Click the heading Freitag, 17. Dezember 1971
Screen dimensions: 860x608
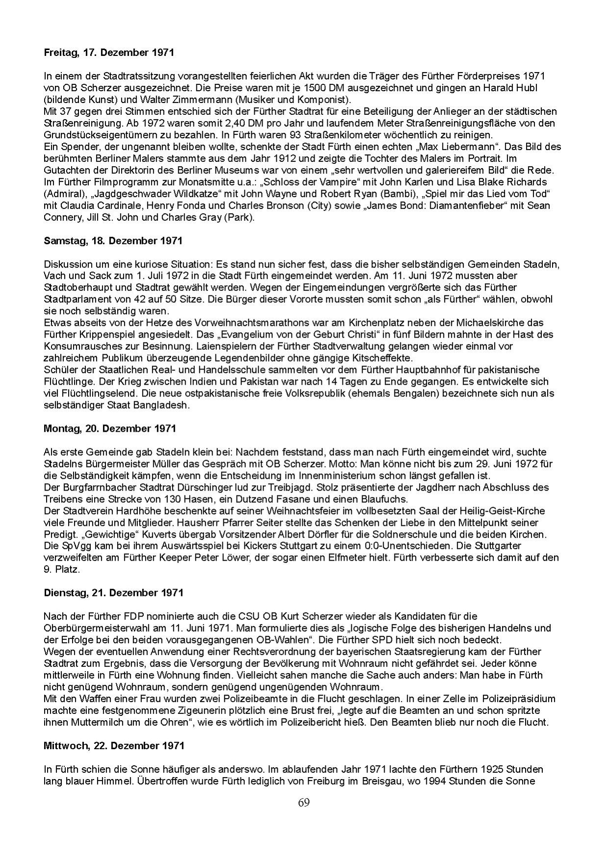(x=108, y=52)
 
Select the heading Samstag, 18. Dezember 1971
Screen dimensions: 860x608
(x=113, y=240)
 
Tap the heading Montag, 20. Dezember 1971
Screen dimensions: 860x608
(x=110, y=428)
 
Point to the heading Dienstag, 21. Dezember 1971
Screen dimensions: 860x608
(x=113, y=593)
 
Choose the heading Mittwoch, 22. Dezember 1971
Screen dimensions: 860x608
(x=114, y=745)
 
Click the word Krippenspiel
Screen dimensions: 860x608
(x=101, y=335)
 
